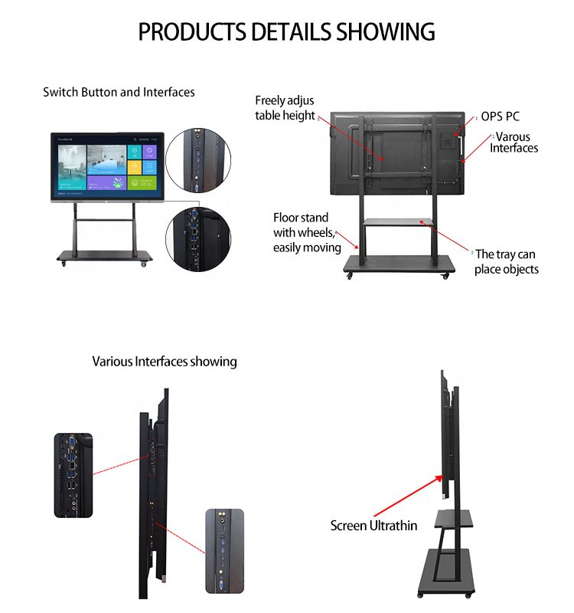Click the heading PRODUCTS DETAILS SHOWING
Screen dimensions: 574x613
tap(286, 31)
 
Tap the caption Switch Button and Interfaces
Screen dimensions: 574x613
tap(119, 92)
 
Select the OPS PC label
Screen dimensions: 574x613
tap(501, 116)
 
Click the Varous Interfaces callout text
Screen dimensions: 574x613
tap(514, 143)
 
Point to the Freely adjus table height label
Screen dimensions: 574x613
tap(285, 108)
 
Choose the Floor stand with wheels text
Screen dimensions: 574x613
tap(307, 233)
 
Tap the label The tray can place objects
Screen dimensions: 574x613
tap(507, 262)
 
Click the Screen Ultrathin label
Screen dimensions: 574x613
tap(373, 526)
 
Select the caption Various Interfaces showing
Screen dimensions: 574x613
tap(165, 362)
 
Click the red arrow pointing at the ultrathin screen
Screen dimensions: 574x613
tap(409, 496)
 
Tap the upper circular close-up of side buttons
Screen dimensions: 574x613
tap(198, 160)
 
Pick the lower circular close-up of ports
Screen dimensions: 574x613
tap(198, 239)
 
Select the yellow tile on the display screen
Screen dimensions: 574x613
tap(135, 167)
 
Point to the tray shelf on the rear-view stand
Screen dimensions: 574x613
tap(397, 222)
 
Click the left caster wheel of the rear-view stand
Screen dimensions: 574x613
tap(350, 276)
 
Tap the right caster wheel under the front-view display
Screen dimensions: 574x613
tap(144, 264)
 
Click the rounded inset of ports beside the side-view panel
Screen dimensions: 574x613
tap(73, 475)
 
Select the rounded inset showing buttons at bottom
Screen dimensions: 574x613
tap(224, 551)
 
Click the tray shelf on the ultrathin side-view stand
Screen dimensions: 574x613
tap(454, 519)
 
